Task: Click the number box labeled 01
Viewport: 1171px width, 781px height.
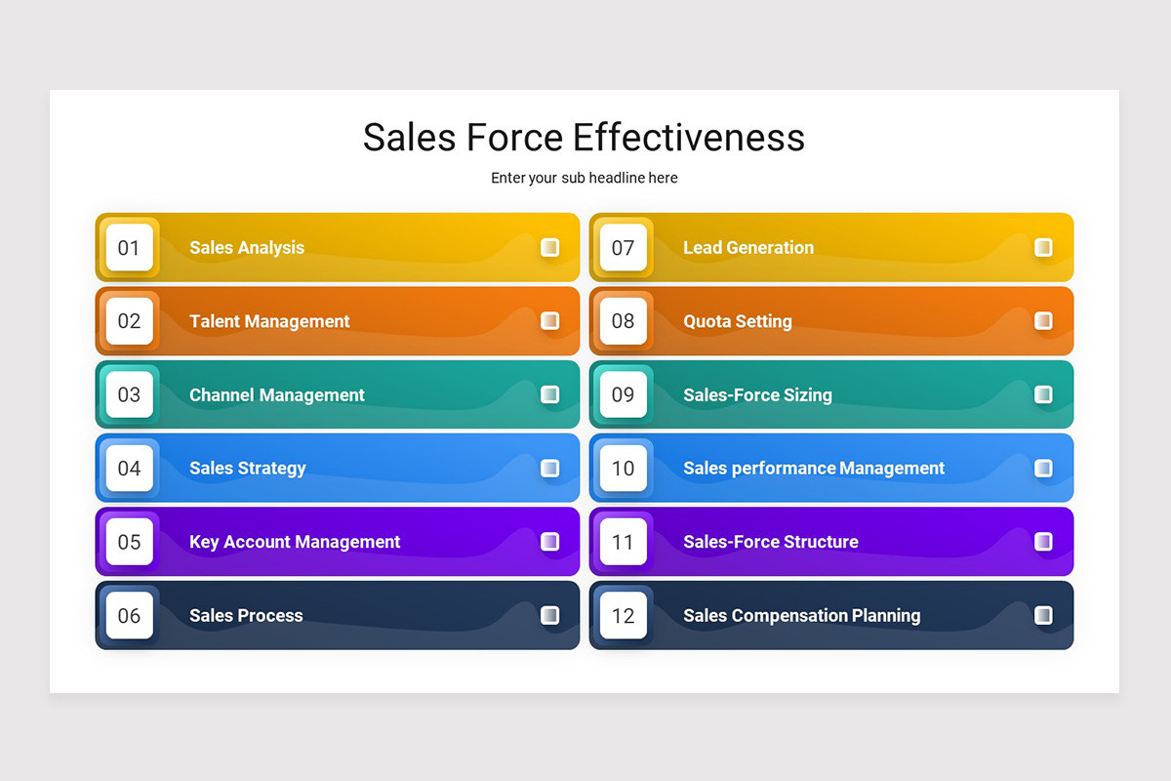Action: tap(130, 248)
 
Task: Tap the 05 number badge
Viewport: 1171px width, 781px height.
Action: tap(130, 542)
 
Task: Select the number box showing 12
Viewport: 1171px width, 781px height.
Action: tap(623, 615)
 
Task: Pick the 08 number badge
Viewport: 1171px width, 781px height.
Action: tap(623, 321)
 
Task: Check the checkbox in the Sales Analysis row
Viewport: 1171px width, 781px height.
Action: tap(550, 248)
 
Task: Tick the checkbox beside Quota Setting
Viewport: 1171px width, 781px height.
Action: tap(1043, 321)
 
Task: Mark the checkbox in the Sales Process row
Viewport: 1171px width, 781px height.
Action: tap(550, 615)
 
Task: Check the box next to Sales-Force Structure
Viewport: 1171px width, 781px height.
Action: tap(1043, 542)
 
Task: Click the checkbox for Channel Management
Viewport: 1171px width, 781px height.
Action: tap(550, 394)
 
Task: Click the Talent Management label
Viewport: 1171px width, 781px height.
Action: tap(269, 321)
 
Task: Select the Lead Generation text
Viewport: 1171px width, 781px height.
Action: tap(747, 248)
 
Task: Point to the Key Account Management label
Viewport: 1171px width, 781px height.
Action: tap(295, 542)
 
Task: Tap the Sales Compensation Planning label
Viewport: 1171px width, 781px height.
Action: tap(801, 615)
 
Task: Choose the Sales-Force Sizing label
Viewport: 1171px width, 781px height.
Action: tap(757, 395)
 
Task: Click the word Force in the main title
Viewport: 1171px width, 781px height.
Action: tap(512, 138)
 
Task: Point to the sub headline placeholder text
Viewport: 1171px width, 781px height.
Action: tap(584, 178)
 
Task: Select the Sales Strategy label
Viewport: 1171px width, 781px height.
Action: tap(247, 469)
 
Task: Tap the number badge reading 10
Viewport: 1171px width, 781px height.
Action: tap(623, 469)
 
